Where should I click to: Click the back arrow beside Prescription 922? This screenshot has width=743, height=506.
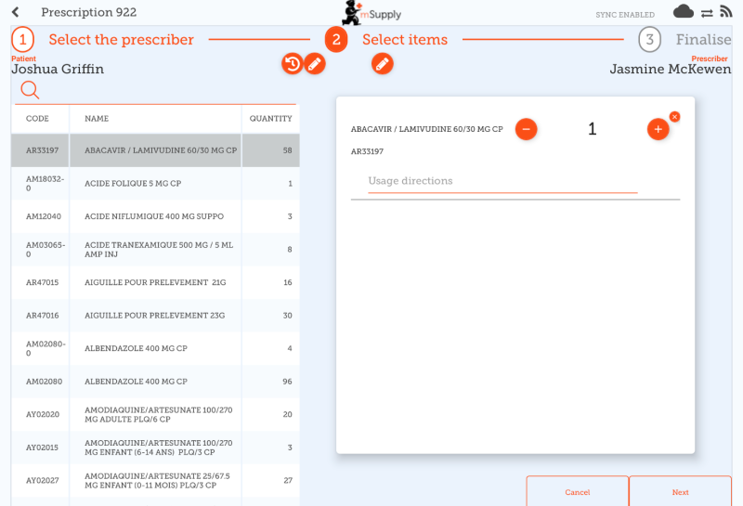(15, 12)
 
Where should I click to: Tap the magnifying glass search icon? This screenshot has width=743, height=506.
(30, 89)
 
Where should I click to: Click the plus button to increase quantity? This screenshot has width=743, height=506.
(658, 129)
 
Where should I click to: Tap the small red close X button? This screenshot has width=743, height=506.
(675, 117)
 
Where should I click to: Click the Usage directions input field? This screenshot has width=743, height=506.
(502, 181)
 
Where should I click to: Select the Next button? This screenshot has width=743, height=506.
(680, 492)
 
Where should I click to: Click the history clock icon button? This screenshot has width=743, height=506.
(293, 63)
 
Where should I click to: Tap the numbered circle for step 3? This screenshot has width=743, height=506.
(649, 39)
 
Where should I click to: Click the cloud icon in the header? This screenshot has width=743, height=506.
(683, 11)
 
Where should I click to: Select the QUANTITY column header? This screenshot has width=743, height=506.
(270, 119)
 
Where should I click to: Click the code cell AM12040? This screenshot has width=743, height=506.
(43, 216)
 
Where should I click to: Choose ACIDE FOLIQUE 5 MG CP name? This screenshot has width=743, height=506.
(133, 183)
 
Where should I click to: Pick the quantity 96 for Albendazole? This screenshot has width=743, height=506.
(287, 382)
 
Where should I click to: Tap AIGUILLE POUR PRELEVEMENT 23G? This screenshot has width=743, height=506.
(154, 316)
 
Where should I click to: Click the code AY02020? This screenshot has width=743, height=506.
(43, 415)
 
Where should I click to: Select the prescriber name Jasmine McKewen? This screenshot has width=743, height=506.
(670, 70)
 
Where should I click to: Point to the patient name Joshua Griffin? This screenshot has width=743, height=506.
(58, 70)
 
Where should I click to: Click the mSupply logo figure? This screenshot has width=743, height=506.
(352, 13)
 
